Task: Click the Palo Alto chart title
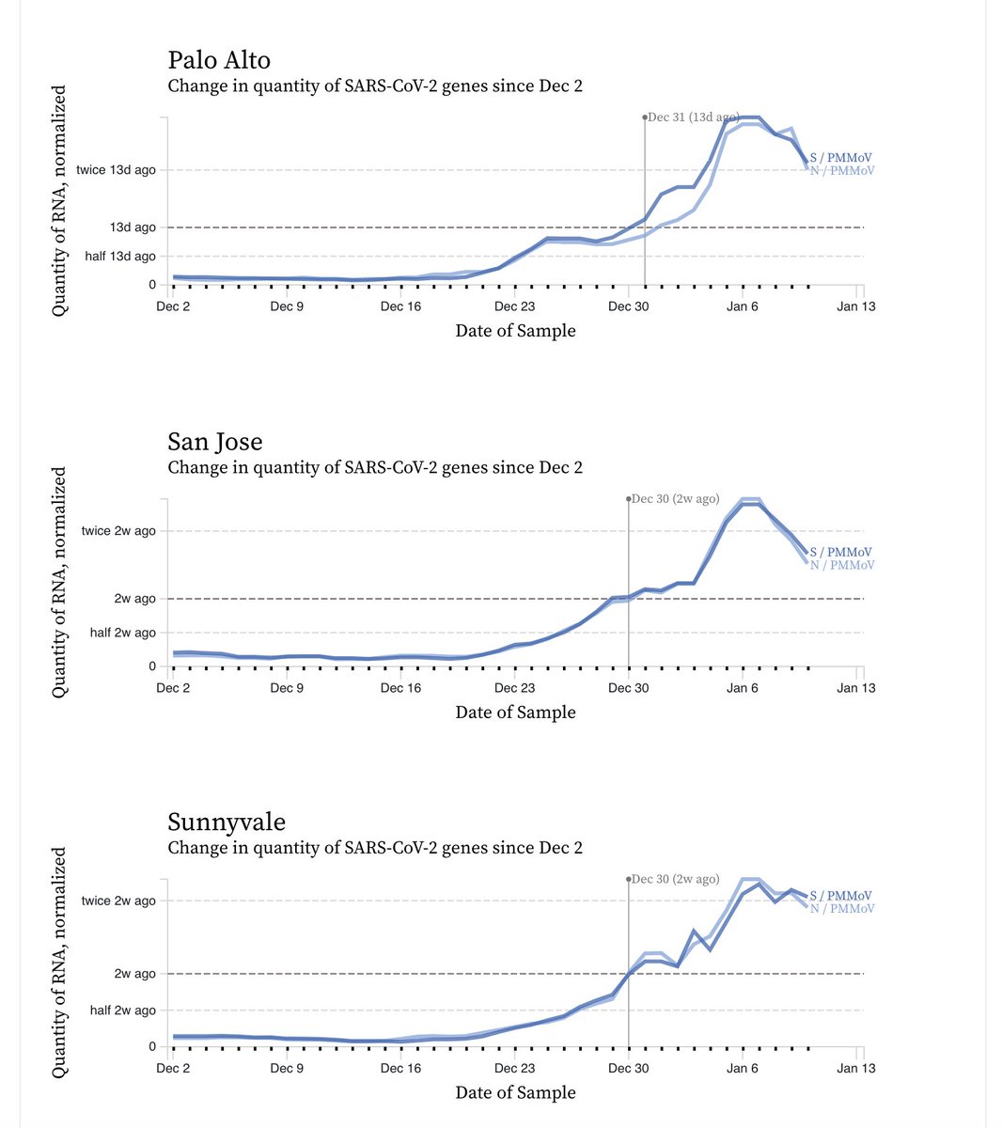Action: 219,60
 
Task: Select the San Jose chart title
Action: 215,442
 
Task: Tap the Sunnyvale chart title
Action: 227,822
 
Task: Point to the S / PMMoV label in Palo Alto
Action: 840,158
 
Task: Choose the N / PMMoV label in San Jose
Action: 841,565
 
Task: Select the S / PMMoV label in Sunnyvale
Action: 840,896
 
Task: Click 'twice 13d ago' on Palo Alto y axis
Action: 116,170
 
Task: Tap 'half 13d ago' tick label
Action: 120,257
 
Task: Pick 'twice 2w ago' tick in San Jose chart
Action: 118,531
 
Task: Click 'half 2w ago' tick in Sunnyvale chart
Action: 122,1010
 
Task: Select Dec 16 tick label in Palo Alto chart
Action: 400,306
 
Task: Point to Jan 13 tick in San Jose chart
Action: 855,688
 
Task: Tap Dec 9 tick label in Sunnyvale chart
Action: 287,1068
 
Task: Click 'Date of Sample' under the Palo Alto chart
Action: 515,331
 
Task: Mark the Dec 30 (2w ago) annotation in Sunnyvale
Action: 675,879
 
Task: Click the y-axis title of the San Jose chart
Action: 59,583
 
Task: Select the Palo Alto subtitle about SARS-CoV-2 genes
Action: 375,86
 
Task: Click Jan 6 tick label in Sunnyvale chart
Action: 742,1068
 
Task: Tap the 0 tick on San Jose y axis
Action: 151,666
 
